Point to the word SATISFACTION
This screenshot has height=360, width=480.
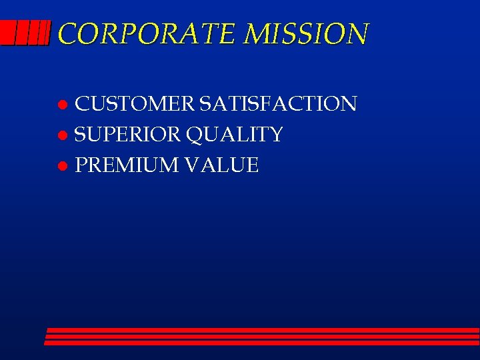[x=278, y=104]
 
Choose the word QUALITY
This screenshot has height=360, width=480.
[x=235, y=135]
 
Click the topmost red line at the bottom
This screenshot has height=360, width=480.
[x=263, y=330]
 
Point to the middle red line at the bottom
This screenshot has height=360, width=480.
[x=262, y=337]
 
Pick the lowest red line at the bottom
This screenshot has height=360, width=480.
[x=261, y=343]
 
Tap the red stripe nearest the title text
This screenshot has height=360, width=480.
[x=45, y=32]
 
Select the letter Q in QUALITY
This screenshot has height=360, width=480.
[x=195, y=135]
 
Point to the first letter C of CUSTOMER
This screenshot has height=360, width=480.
[x=83, y=104]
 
